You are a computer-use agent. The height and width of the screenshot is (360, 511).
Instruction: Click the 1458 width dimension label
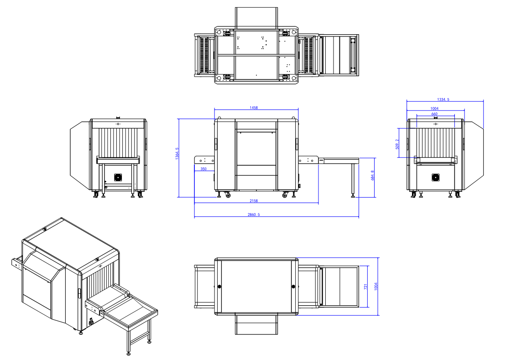[254, 108]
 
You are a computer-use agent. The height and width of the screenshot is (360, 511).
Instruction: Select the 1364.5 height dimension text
[177, 153]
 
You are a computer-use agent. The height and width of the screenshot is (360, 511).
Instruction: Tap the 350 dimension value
[203, 169]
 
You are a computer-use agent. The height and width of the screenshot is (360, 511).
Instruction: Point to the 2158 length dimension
[254, 201]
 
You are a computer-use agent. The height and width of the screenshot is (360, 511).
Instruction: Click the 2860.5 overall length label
[254, 214]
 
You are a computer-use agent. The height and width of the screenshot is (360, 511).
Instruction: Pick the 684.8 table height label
[372, 175]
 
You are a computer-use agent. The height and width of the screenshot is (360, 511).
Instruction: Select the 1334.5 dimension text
[443, 99]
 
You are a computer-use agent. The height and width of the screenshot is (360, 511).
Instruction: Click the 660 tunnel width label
[434, 114]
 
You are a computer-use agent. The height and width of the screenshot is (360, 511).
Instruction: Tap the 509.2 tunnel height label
[397, 144]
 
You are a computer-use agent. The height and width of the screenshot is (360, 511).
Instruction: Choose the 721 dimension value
[365, 287]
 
